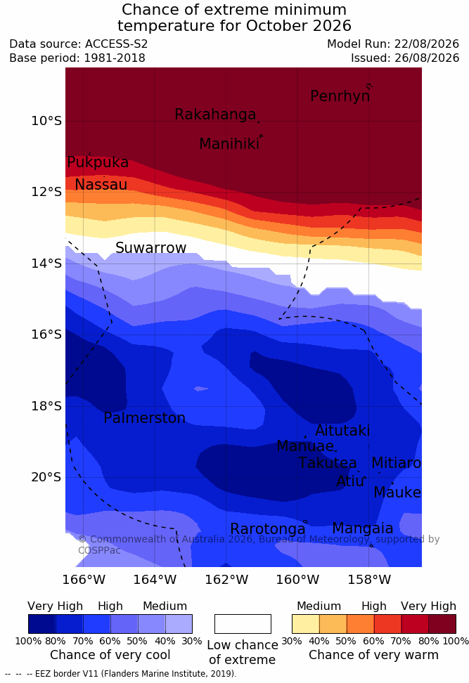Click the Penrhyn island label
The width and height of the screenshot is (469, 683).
point(340,96)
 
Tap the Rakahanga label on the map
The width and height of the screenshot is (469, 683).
point(215,115)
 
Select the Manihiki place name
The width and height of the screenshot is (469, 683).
point(229,144)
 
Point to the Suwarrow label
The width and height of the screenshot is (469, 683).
point(150,248)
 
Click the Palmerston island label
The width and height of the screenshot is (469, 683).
point(145,418)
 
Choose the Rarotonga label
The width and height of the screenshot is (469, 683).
point(268,529)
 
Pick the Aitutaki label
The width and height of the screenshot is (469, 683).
point(342,431)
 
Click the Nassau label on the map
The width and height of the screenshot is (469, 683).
point(101,185)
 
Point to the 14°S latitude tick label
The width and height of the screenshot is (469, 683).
point(46,264)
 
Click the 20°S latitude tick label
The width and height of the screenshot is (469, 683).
point(46,477)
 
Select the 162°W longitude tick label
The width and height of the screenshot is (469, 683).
point(226,580)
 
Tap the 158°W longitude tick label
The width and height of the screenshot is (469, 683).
point(369,580)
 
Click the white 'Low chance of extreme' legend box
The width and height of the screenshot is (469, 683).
point(243,624)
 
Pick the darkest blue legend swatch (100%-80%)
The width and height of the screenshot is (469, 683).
point(42,624)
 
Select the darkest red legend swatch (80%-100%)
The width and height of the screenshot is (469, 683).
point(442,624)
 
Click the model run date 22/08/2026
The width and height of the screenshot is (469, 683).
point(426,44)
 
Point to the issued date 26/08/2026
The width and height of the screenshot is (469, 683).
point(426,58)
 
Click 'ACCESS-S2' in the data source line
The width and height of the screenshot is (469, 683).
point(117,44)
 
